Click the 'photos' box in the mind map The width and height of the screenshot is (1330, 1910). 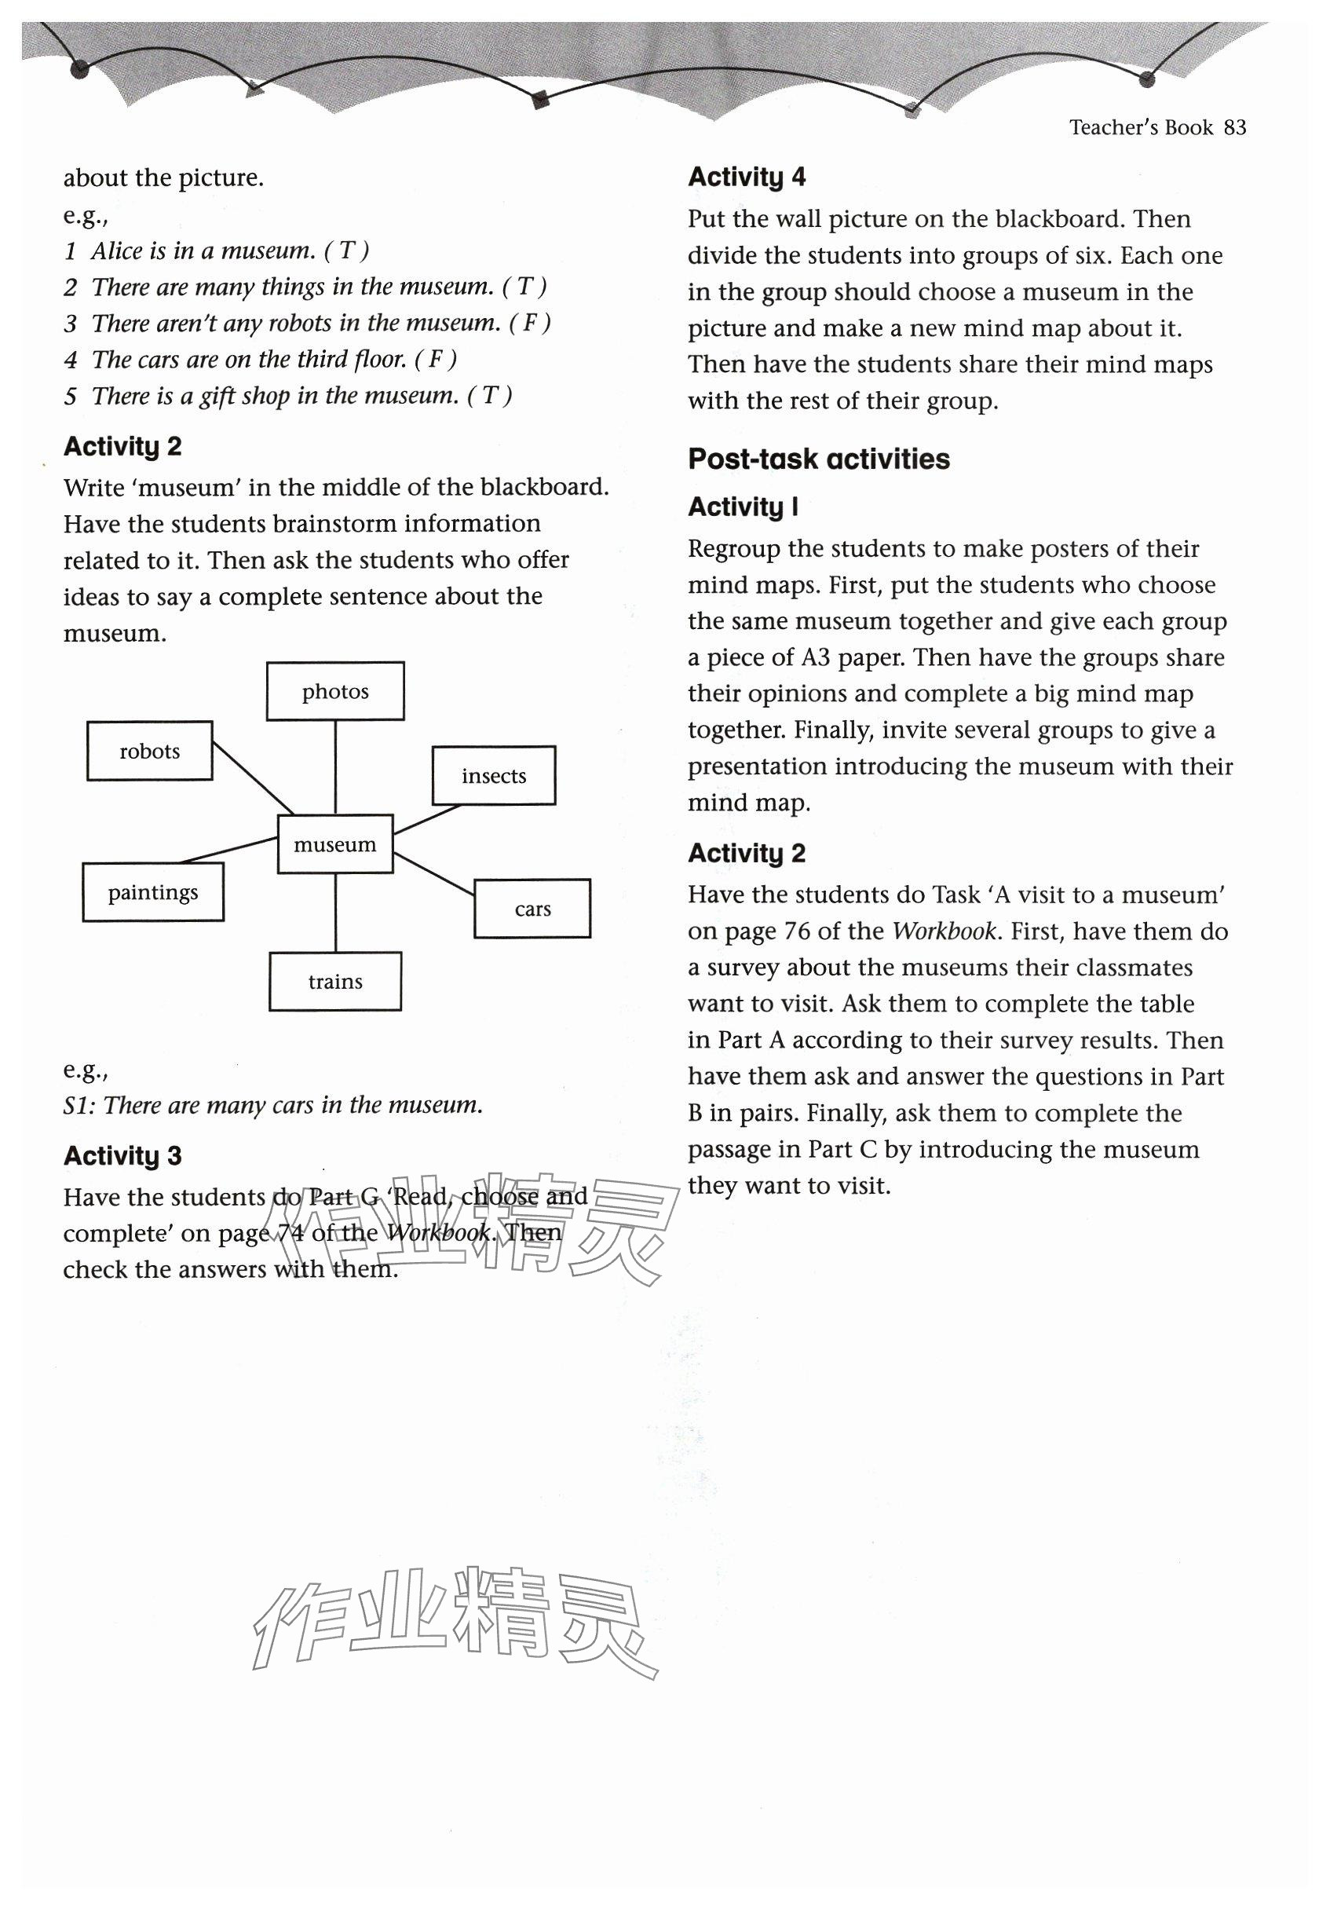[x=335, y=691]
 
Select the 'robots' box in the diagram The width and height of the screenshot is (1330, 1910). [x=150, y=751]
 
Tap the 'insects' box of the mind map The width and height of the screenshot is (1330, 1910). [x=493, y=776]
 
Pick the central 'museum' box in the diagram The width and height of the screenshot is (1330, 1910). [x=334, y=844]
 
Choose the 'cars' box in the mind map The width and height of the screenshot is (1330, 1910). [x=532, y=909]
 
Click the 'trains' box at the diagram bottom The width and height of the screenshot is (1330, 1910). [x=335, y=982]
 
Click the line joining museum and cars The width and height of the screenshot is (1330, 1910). [x=433, y=873]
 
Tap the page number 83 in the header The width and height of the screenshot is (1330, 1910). [x=1235, y=127]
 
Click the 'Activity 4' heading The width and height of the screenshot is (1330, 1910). [x=746, y=177]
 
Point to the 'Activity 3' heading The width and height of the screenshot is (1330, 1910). [x=122, y=1156]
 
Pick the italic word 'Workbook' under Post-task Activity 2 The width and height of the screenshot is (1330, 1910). [x=943, y=931]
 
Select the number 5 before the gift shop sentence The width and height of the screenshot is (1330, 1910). [x=71, y=396]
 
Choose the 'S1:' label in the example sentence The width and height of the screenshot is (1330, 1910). [x=80, y=1106]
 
